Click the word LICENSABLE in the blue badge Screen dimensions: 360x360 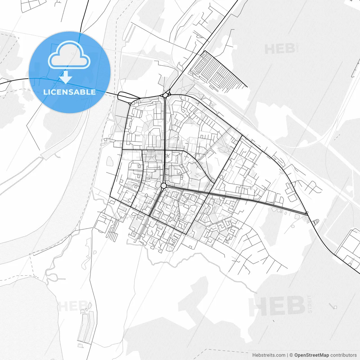(69, 92)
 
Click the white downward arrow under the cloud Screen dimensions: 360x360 (66, 77)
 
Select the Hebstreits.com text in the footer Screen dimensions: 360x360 (269, 355)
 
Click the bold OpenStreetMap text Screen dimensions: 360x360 (311, 355)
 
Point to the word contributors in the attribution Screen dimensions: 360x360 (343, 355)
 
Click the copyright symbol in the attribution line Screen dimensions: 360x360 (291, 355)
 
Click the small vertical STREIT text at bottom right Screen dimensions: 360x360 (310, 304)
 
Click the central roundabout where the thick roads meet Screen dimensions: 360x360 (164, 186)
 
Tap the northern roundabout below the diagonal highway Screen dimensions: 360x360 (165, 95)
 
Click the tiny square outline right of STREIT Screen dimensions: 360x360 (335, 307)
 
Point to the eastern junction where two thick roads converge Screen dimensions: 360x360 (307, 214)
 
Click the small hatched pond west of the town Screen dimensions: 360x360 (110, 161)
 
